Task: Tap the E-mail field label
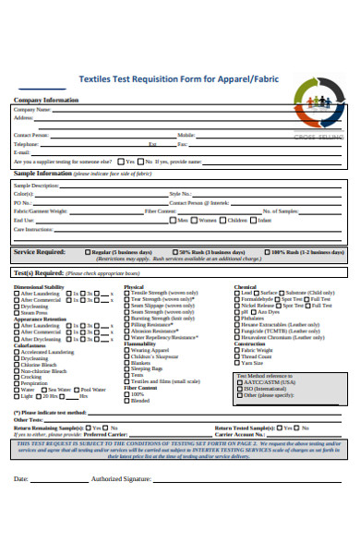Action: click(22, 151)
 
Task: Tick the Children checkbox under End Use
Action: click(224, 220)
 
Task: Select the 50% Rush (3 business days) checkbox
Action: click(175, 251)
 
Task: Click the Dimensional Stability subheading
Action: click(40, 287)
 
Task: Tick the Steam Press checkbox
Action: click(18, 312)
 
